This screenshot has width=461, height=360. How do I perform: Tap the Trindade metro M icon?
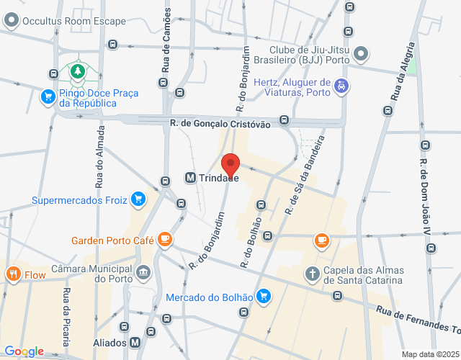[x=191, y=177]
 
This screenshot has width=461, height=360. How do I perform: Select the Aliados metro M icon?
[x=136, y=343]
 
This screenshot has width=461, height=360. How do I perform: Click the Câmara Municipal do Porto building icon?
[x=143, y=272]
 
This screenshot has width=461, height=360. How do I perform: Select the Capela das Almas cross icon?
[x=312, y=273]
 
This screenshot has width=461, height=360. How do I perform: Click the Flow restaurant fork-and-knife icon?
[x=13, y=274]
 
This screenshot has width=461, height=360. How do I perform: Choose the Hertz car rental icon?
[x=341, y=87]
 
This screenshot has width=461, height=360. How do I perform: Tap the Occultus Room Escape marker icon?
[x=11, y=22]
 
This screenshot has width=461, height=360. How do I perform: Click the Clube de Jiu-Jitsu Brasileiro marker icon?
[x=362, y=54]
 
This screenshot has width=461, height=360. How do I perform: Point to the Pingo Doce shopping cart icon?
[x=48, y=96]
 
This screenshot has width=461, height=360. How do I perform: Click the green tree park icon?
[x=76, y=71]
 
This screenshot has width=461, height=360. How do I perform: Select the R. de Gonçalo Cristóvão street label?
[x=220, y=124]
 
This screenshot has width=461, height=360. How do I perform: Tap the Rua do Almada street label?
[x=100, y=155]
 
